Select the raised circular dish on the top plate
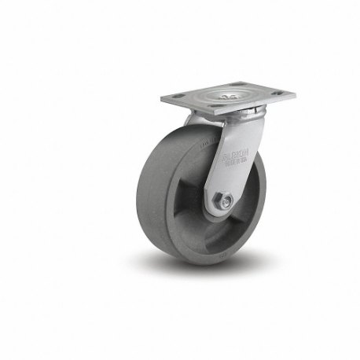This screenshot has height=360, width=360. (228, 97)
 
